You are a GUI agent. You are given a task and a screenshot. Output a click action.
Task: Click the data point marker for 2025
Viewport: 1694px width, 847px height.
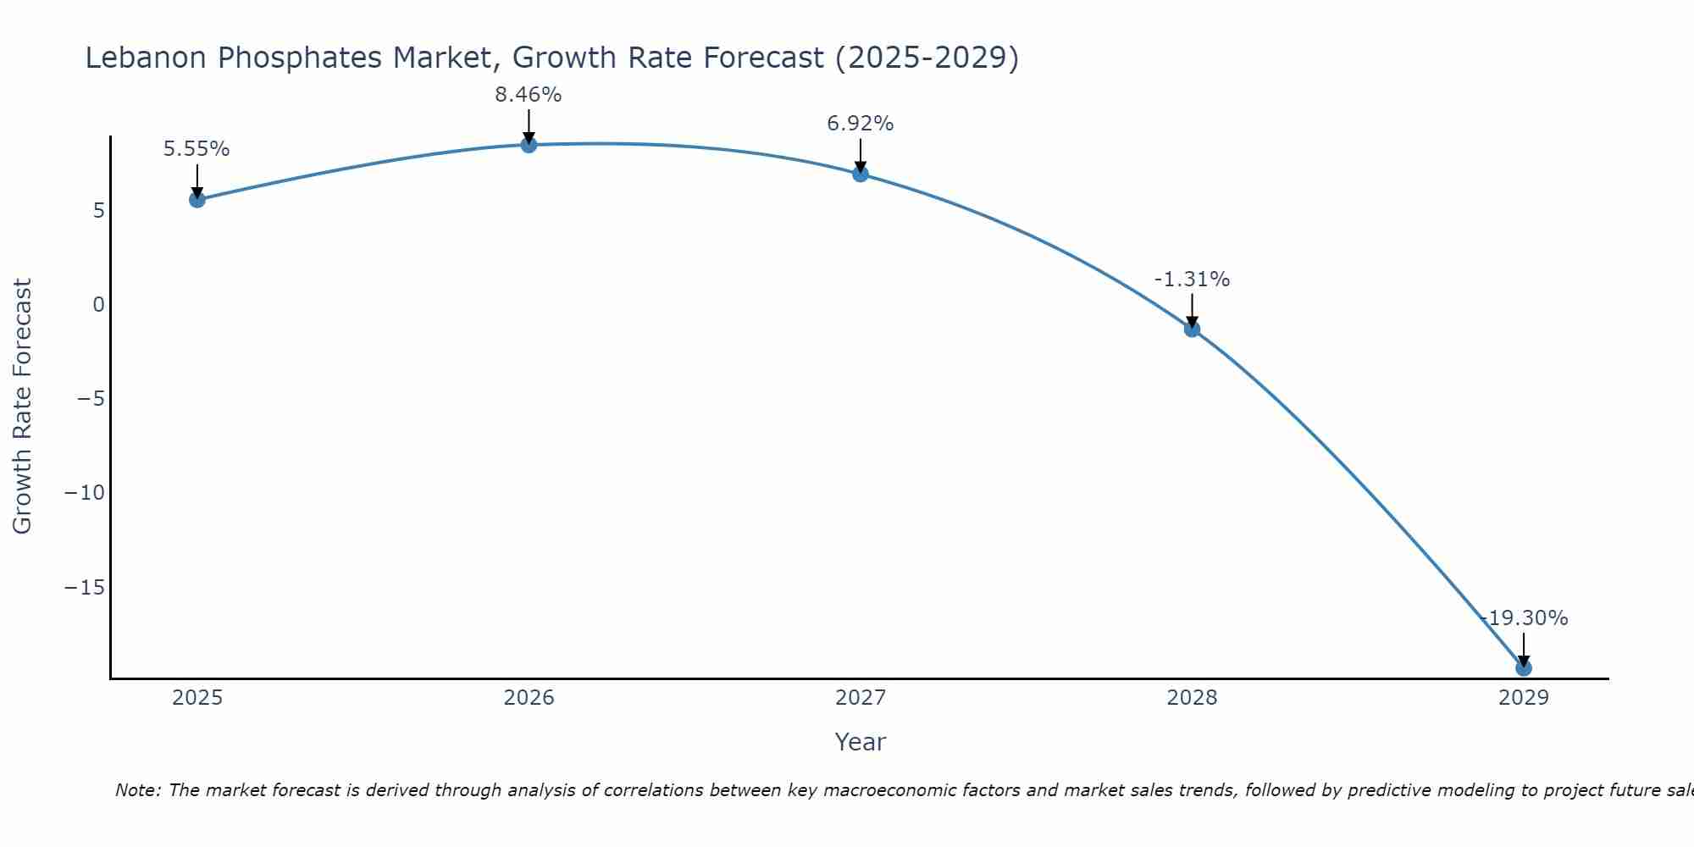pyautogui.click(x=197, y=200)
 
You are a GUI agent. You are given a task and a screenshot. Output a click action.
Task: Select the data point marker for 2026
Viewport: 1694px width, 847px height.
pyautogui.click(x=529, y=145)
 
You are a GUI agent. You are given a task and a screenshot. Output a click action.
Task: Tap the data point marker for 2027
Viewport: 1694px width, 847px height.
pyautogui.click(x=861, y=174)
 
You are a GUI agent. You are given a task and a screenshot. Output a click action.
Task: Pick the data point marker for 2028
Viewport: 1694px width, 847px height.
pyautogui.click(x=1192, y=329)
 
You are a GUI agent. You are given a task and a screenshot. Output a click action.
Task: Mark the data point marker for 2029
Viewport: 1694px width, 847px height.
pyautogui.click(x=1523, y=668)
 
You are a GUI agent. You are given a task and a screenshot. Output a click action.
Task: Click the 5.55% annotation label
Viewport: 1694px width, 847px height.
pyautogui.click(x=197, y=149)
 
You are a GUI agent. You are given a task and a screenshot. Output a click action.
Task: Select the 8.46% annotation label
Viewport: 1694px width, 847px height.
pyautogui.click(x=529, y=95)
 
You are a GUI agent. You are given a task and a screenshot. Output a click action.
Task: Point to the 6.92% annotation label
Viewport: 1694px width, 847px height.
pyautogui.click(x=861, y=124)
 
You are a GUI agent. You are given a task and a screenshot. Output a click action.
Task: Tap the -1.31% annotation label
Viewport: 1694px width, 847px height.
pyautogui.click(x=1192, y=280)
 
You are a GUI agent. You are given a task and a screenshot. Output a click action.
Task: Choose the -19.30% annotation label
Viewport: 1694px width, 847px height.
pyautogui.click(x=1525, y=618)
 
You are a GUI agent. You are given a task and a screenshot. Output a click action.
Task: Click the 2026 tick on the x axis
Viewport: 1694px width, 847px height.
pyautogui.click(x=529, y=698)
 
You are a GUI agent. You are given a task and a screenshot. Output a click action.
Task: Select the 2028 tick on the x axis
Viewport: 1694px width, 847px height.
pyautogui.click(x=1192, y=698)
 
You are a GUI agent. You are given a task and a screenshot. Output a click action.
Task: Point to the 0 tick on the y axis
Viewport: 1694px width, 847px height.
pyautogui.click(x=99, y=305)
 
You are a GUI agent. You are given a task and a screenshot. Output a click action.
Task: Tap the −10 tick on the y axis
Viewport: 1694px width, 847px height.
pyautogui.click(x=85, y=493)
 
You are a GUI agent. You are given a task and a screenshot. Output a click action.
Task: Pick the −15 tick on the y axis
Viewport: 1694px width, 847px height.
pyautogui.click(x=85, y=587)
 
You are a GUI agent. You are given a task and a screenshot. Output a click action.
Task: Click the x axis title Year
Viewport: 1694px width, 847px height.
pyautogui.click(x=861, y=742)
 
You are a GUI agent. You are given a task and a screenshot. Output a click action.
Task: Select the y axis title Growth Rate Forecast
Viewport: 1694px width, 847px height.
pyautogui.click(x=22, y=407)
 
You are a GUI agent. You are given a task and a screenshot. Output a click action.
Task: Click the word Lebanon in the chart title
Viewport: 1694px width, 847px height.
pyautogui.click(x=146, y=58)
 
